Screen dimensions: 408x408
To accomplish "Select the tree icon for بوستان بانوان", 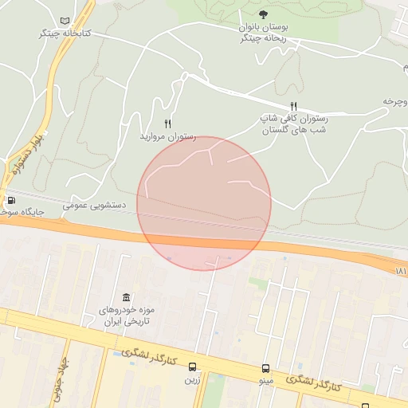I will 263,14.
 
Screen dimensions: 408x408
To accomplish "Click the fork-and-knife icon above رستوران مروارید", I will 167,124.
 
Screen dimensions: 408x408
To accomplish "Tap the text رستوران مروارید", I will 168,136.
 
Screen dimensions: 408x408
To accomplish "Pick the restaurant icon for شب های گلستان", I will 293,106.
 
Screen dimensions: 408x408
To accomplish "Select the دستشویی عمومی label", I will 94,205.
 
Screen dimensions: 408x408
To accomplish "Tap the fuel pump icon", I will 11,200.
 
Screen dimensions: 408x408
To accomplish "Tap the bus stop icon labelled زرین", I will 193,367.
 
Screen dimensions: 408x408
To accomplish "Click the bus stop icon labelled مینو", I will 265,368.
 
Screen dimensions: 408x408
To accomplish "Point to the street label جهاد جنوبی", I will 55,379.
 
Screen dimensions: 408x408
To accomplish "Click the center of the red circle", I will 204,203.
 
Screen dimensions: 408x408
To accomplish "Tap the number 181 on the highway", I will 400,272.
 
